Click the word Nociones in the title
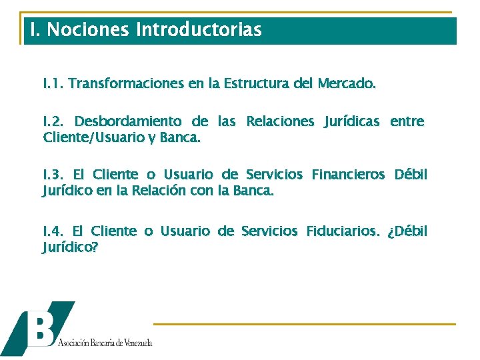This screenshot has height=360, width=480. point(88,30)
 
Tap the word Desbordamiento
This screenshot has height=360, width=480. point(128,121)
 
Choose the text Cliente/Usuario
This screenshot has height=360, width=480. point(89,138)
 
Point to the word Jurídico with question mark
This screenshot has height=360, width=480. point(70,248)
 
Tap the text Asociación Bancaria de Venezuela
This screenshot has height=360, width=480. point(105,343)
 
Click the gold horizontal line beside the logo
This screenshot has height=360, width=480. point(304,324)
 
